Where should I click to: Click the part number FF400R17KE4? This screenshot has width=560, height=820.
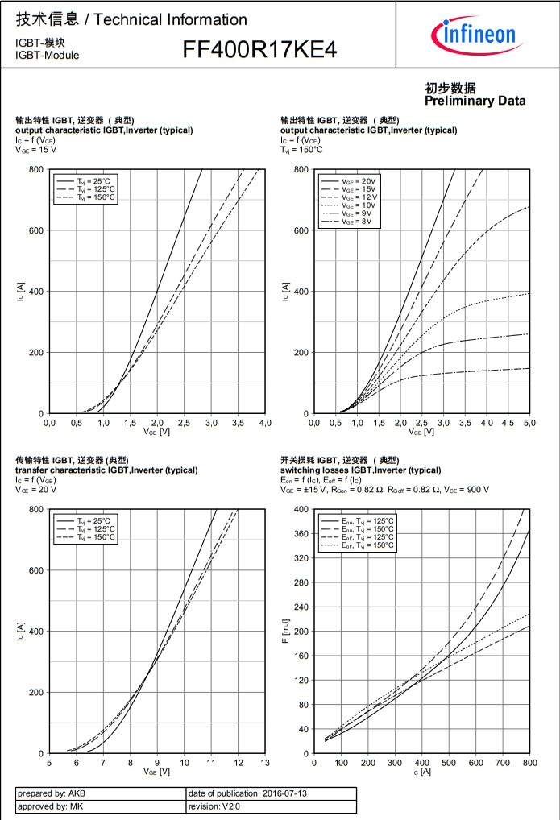(259, 50)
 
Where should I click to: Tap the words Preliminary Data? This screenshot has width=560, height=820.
(475, 101)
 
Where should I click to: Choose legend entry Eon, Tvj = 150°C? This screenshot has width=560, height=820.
(367, 529)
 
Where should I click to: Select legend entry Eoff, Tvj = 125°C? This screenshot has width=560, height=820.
(367, 537)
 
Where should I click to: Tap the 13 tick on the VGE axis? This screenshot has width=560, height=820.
(264, 762)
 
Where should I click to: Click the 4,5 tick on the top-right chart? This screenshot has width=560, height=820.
(508, 422)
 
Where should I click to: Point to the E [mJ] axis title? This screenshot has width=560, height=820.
(284, 632)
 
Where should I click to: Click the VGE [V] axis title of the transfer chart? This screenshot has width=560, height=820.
(156, 771)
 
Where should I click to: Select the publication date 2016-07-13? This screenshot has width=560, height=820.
(272, 793)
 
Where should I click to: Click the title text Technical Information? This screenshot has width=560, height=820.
(171, 19)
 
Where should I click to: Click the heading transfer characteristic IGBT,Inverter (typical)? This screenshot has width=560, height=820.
(106, 470)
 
